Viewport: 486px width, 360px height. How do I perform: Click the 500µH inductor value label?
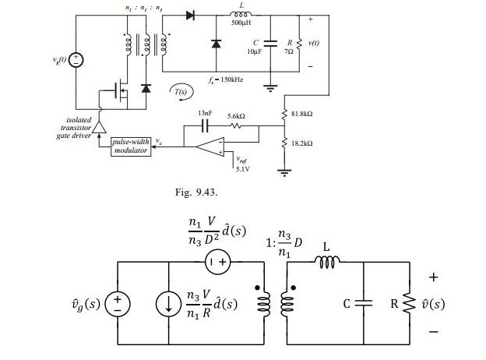[x=241, y=23]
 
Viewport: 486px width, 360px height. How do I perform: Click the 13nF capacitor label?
[x=205, y=113]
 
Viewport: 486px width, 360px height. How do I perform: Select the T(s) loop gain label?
[x=181, y=92]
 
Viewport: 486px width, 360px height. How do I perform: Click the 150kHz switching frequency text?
[x=227, y=80]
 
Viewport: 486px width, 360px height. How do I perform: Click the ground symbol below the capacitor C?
[x=271, y=88]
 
